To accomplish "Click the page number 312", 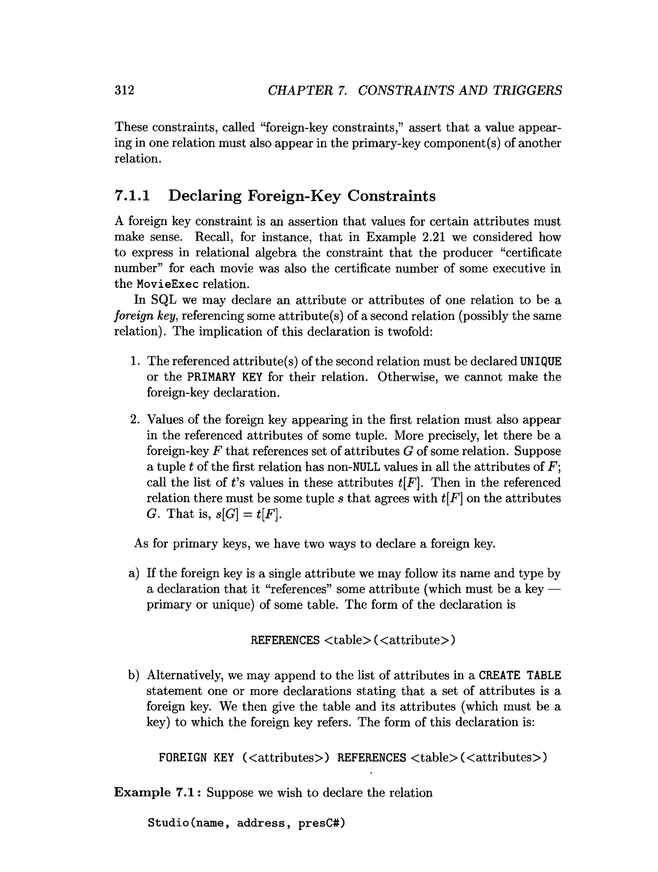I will [x=124, y=90].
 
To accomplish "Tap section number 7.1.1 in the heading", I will [x=132, y=196].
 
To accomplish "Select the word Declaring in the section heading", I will [x=204, y=196].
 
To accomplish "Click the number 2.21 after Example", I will [x=434, y=237].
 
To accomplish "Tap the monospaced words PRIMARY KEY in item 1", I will [x=225, y=377].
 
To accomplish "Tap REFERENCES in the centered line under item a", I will [x=285, y=640].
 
